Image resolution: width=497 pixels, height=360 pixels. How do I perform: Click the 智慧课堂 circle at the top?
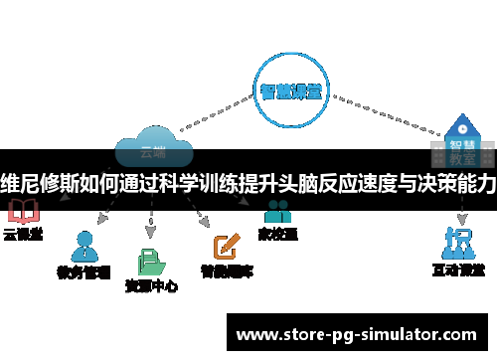[x=290, y=90]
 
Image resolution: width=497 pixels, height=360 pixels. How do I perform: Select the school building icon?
[x=459, y=128]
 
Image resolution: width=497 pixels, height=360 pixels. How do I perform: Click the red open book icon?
[x=22, y=211]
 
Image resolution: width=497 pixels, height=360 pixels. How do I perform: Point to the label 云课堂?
[x=22, y=236]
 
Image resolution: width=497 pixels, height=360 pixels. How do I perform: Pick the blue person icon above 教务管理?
[x=84, y=245]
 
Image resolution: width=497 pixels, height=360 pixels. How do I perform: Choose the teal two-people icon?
[x=277, y=211]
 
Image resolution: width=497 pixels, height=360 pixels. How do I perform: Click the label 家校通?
[x=277, y=236]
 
